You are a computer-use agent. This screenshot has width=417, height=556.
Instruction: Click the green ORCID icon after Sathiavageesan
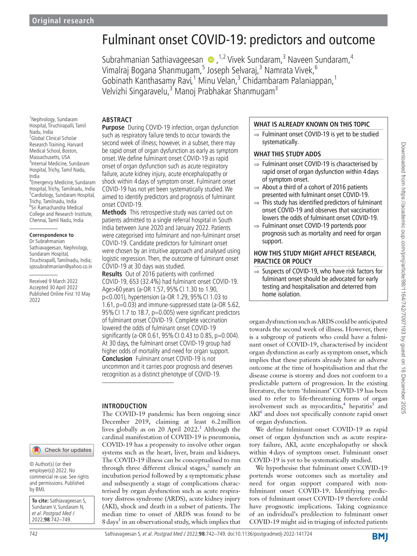coord(211,60)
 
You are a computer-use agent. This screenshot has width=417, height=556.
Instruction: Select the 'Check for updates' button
coord(62,450)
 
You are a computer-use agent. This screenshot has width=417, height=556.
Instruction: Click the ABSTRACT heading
coord(117,120)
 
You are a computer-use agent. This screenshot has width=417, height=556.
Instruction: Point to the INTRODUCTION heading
coord(124,406)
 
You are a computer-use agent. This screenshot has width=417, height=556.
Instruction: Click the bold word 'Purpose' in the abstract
coord(113,127)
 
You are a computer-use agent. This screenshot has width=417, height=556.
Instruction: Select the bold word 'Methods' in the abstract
coord(114,212)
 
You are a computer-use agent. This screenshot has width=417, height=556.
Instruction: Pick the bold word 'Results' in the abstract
coord(112,274)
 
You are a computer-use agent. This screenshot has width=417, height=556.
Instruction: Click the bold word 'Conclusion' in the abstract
coord(117,359)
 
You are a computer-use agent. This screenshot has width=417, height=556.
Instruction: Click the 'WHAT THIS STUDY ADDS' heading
coord(287,154)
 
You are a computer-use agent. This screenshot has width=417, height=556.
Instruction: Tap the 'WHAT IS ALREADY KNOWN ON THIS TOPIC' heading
coord(312,124)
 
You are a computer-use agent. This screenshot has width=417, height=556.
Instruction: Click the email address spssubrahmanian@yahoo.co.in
coord(61,266)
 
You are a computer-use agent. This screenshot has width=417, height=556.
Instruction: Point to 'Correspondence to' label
coord(51,235)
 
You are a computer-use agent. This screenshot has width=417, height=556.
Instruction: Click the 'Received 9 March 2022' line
coord(53,281)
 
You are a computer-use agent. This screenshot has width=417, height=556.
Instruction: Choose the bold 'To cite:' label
coord(40,501)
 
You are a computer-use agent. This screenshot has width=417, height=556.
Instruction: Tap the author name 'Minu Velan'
coord(217,81)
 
